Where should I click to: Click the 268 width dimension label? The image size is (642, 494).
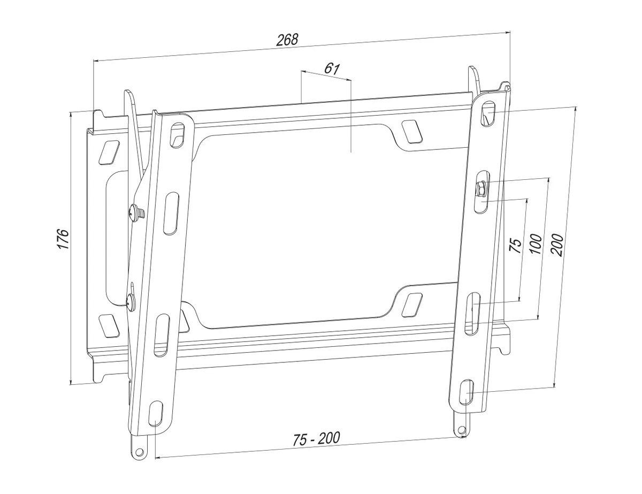click(x=287, y=40)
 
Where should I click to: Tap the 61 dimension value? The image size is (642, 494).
click(x=332, y=69)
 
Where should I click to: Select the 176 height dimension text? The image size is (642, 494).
click(x=63, y=238)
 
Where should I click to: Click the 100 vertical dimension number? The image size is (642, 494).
click(x=536, y=244)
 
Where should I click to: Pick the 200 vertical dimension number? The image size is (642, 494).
click(x=556, y=245)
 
